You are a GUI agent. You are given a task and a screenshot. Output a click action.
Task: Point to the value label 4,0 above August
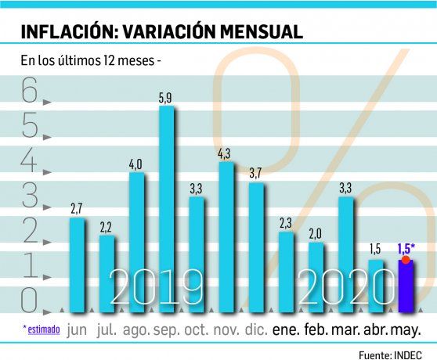(x=135, y=163)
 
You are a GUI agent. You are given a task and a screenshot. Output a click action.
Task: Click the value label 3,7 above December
(x=255, y=174)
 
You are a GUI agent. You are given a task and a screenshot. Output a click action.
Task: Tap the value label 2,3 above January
(x=286, y=224)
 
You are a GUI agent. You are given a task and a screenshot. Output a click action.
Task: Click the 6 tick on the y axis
(x=31, y=95)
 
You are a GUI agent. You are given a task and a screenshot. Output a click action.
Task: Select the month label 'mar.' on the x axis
(x=346, y=330)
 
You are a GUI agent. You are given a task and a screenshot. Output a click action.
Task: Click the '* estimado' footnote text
(x=40, y=330)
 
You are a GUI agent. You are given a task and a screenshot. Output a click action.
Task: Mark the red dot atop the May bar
(x=405, y=259)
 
